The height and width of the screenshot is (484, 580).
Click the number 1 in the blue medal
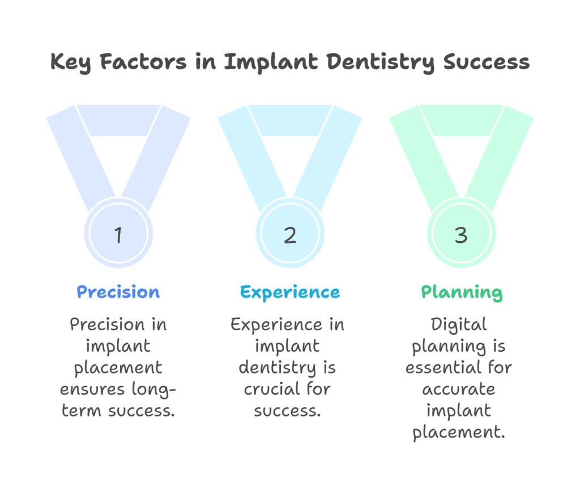[118, 235]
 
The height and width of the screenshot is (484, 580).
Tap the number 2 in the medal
[290, 235]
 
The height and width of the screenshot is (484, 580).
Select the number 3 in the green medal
[461, 235]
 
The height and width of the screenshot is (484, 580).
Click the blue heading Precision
[118, 292]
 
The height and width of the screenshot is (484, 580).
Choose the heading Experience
[290, 293]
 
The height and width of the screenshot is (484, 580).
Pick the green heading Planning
[462, 293]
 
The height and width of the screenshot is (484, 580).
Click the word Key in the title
[70, 62]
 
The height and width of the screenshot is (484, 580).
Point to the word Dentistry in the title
[381, 62]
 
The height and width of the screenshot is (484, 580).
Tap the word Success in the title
[487, 62]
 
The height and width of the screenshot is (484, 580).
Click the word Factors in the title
[143, 61]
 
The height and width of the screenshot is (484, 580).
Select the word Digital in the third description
[459, 325]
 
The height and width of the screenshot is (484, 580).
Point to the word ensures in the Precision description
[92, 390]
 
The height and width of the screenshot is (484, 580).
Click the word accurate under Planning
[459, 389]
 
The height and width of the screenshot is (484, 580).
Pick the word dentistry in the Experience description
[277, 368]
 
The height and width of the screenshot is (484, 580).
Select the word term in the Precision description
[81, 411]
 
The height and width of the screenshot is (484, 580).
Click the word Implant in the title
[271, 62]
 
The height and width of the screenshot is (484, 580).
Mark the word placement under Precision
[118, 368]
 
